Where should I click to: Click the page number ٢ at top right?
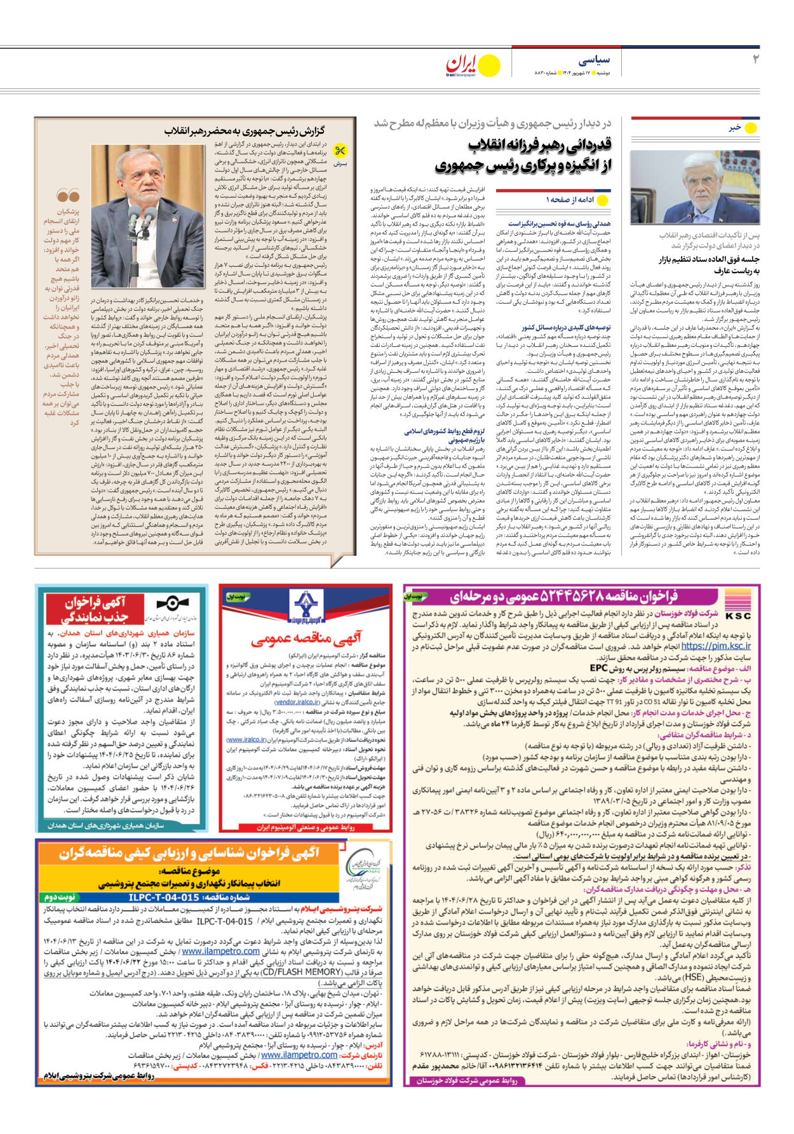coord(755,59)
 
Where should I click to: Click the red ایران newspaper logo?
coord(462,63)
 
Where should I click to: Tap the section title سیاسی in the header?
coord(595,60)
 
